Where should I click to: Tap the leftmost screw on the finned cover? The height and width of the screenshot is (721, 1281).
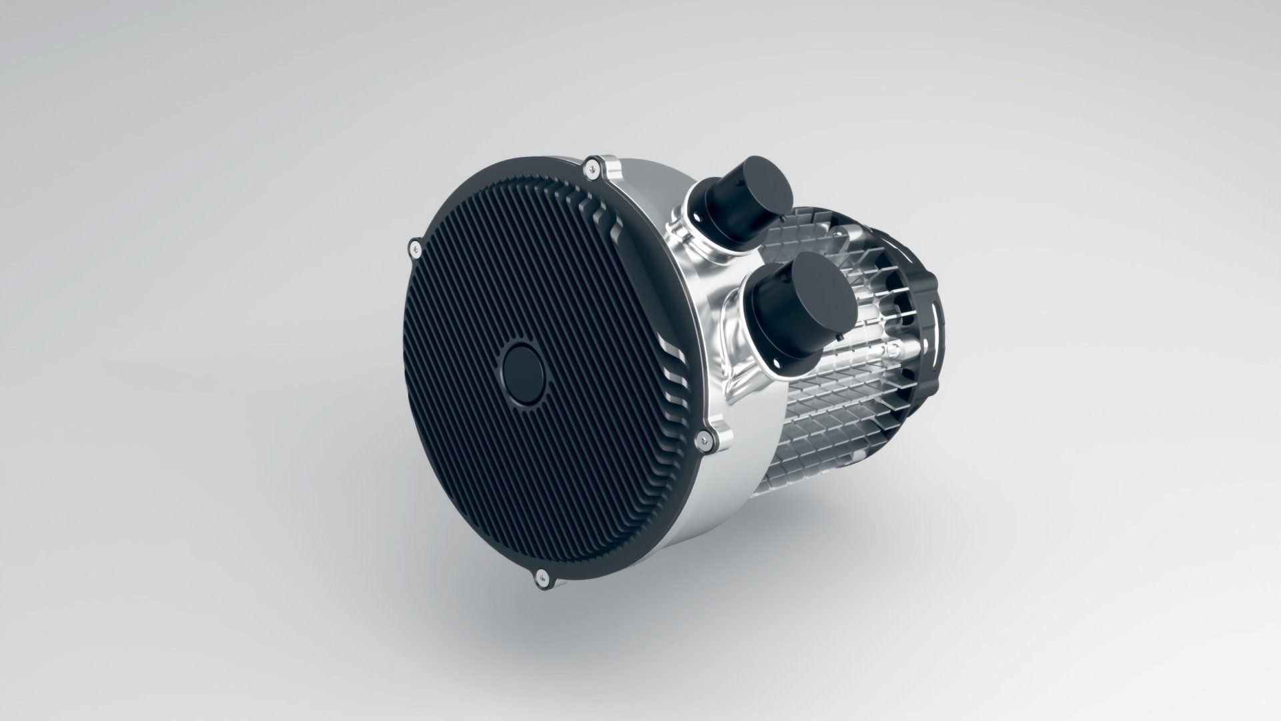[x=415, y=249]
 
